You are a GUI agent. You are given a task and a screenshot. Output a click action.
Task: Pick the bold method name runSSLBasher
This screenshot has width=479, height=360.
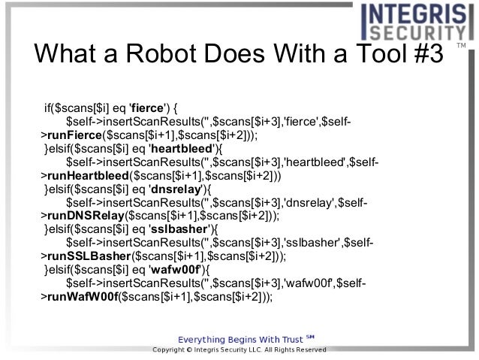point(86,256)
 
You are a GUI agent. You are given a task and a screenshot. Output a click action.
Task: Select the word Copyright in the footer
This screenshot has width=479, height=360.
point(170,350)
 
